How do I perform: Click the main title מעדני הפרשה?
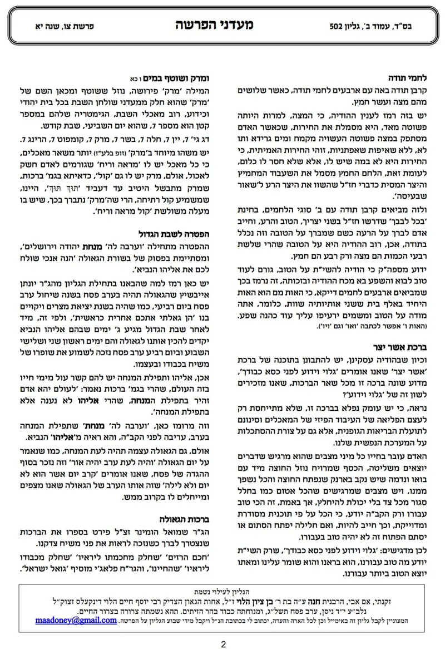(x=222, y=26)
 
